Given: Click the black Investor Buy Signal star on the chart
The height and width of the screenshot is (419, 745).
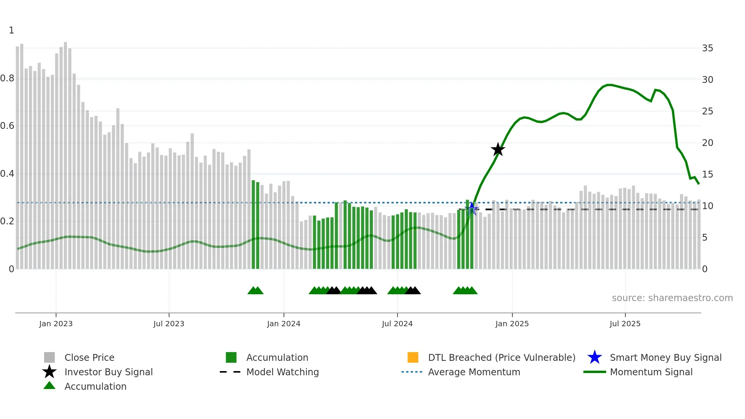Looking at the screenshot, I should click(498, 149).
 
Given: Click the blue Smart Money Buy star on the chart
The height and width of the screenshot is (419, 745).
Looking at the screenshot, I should click(472, 208).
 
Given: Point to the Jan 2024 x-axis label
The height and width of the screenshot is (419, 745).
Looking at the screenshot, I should click(284, 324).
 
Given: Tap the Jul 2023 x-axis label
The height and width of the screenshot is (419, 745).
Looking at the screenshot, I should click(169, 324).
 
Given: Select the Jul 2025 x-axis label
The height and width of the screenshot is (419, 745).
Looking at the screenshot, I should click(625, 324).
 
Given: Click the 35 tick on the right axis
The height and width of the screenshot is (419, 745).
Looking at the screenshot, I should click(707, 48).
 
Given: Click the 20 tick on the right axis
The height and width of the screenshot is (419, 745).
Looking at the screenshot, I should click(707, 143).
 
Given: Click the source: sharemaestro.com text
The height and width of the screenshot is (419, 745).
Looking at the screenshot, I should click(672, 298).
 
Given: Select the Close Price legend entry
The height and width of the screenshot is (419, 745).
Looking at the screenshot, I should click(89, 357).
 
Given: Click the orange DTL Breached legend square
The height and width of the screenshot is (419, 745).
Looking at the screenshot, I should click(413, 357).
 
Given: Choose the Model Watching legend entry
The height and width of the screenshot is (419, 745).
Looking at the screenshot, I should click(282, 372).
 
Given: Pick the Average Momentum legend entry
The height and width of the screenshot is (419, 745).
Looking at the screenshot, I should click(474, 372).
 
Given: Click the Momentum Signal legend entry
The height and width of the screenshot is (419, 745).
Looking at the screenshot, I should click(651, 372).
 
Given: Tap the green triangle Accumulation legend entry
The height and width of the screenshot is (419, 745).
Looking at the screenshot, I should click(95, 386).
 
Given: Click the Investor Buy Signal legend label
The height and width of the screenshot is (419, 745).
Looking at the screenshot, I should click(108, 372).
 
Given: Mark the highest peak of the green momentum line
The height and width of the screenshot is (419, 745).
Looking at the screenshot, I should click(609, 85).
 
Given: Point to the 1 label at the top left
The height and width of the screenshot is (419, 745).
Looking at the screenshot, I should click(11, 30).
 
